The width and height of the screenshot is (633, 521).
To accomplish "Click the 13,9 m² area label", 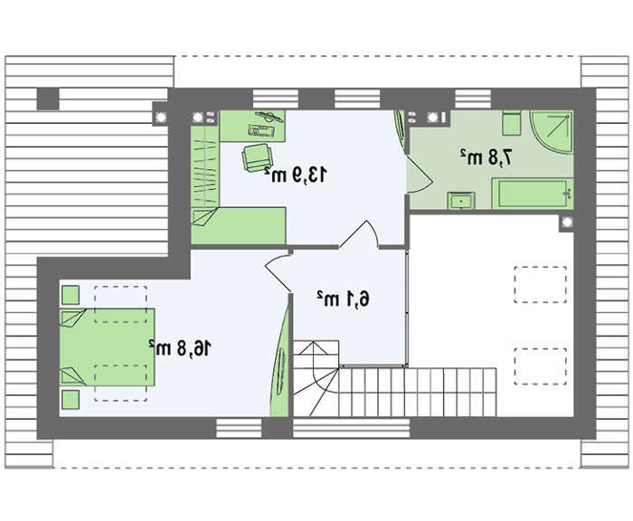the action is point(295,175).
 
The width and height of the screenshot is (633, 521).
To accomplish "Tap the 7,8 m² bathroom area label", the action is point(487,156).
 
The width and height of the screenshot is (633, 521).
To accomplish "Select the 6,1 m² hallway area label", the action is point(343,298).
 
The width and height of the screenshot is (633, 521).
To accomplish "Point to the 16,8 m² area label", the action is point(180,347).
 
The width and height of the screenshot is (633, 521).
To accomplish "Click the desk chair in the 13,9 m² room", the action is point(256,158).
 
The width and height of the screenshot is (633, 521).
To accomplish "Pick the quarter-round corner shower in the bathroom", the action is point(551,132).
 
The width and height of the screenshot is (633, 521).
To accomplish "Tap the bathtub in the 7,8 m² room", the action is point(532,194).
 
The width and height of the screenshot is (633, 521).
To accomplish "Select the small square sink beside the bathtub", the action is point(460,201).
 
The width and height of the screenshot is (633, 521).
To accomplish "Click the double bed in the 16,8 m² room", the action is point(108,347).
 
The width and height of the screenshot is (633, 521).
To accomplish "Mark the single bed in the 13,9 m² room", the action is point(239,225).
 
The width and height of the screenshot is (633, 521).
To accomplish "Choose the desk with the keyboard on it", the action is point(252,126).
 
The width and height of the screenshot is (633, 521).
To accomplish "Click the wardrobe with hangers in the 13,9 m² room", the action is point(205,166).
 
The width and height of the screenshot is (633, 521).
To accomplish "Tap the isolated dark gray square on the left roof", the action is point(48,99).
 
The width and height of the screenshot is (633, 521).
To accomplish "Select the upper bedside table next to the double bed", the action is point(71,295).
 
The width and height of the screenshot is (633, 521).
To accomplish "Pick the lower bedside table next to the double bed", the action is point(71,400).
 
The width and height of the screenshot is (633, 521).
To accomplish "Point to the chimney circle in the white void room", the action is point(567,223).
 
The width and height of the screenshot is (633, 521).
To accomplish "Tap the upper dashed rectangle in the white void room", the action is point(540,284).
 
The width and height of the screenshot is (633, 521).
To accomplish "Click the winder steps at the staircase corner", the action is point(316,378).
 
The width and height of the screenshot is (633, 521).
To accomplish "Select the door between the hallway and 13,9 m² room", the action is point(358,234).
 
